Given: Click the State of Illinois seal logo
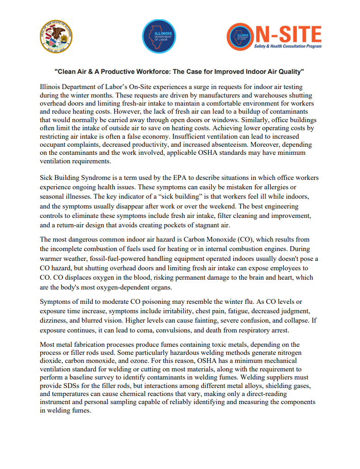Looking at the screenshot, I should (x=56, y=36).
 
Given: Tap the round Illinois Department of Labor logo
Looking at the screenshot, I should (x=159, y=36).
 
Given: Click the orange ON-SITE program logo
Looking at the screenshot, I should (x=274, y=36).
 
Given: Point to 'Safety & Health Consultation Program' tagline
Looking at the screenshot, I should (x=287, y=46).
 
